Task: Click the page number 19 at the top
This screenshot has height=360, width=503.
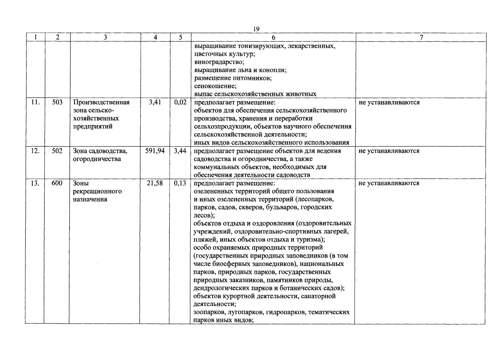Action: (256, 29)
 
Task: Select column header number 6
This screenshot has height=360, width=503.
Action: (273, 37)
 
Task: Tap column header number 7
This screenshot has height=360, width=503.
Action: (421, 37)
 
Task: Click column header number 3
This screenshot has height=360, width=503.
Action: (105, 37)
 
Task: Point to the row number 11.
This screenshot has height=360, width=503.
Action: (35, 102)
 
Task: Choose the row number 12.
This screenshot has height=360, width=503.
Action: (35, 151)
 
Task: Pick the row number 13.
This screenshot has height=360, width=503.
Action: (35, 183)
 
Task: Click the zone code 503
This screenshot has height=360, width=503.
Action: (57, 102)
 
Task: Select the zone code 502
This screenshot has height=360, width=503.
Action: (57, 151)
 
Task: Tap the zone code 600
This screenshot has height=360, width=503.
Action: (57, 183)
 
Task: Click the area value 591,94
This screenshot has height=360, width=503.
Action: (155, 151)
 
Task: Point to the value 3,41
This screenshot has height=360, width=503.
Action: (155, 102)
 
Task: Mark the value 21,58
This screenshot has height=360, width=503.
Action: (155, 183)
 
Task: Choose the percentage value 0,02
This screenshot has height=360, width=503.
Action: (180, 102)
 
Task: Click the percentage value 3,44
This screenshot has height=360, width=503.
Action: (180, 151)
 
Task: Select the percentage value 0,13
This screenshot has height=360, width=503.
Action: (180, 183)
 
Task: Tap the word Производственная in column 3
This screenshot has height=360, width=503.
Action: (101, 103)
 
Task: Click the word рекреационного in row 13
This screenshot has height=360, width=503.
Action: (97, 191)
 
